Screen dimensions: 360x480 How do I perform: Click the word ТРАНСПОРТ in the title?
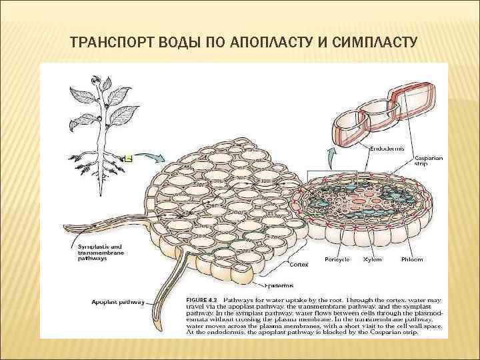tap(104, 43)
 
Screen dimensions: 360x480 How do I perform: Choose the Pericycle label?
tap(337, 259)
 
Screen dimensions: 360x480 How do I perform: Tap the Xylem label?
tap(372, 259)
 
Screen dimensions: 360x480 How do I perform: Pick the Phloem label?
tap(411, 259)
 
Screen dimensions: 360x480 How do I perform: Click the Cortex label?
tap(299, 264)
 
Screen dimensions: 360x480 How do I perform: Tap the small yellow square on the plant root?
tap(129, 158)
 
